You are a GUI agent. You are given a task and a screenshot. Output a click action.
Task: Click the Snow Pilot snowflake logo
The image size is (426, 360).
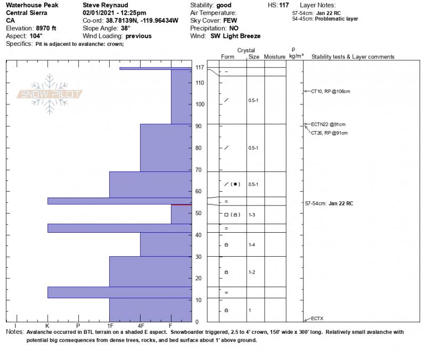tap(51, 94)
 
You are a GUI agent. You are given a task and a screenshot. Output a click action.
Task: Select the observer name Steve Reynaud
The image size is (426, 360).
tap(105, 4)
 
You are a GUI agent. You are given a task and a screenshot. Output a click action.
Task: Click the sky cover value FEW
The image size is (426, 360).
tap(230, 20)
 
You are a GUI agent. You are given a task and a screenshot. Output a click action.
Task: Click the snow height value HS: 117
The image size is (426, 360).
tap(278, 4)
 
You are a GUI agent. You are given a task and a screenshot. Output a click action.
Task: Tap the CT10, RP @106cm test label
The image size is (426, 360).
tap(330, 92)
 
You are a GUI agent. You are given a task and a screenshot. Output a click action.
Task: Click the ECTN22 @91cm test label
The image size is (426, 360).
tap(328, 124)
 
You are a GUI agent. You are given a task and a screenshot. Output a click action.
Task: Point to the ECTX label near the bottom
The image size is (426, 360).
tap(316, 318)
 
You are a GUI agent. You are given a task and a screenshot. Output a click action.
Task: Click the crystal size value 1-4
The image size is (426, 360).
tap(252, 245)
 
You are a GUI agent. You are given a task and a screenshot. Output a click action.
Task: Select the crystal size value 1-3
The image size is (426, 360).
tap(252, 215)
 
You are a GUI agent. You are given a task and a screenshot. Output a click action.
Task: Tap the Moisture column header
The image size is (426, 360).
tap(275, 56)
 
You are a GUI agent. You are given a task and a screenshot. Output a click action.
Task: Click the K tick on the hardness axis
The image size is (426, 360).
tap(47, 325)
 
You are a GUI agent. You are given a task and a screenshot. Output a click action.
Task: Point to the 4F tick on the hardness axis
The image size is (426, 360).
tap(141, 325)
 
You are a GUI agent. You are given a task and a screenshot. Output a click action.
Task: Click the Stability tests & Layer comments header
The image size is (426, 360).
tap(353, 56)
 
